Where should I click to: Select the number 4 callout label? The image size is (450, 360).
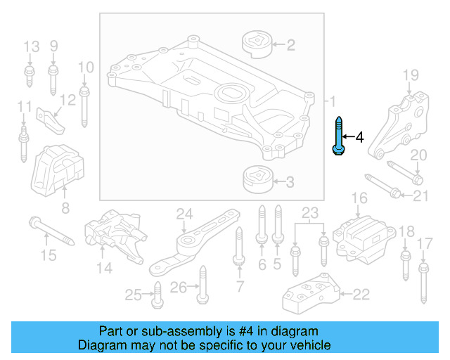tap(359, 136)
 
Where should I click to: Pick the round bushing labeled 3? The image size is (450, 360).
tap(257, 181)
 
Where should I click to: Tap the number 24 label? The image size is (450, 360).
tap(184, 214)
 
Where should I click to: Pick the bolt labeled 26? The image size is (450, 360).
tap(202, 284)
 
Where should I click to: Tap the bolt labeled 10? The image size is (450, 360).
tap(85, 103)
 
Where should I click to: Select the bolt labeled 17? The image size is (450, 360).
tap(423, 281)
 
